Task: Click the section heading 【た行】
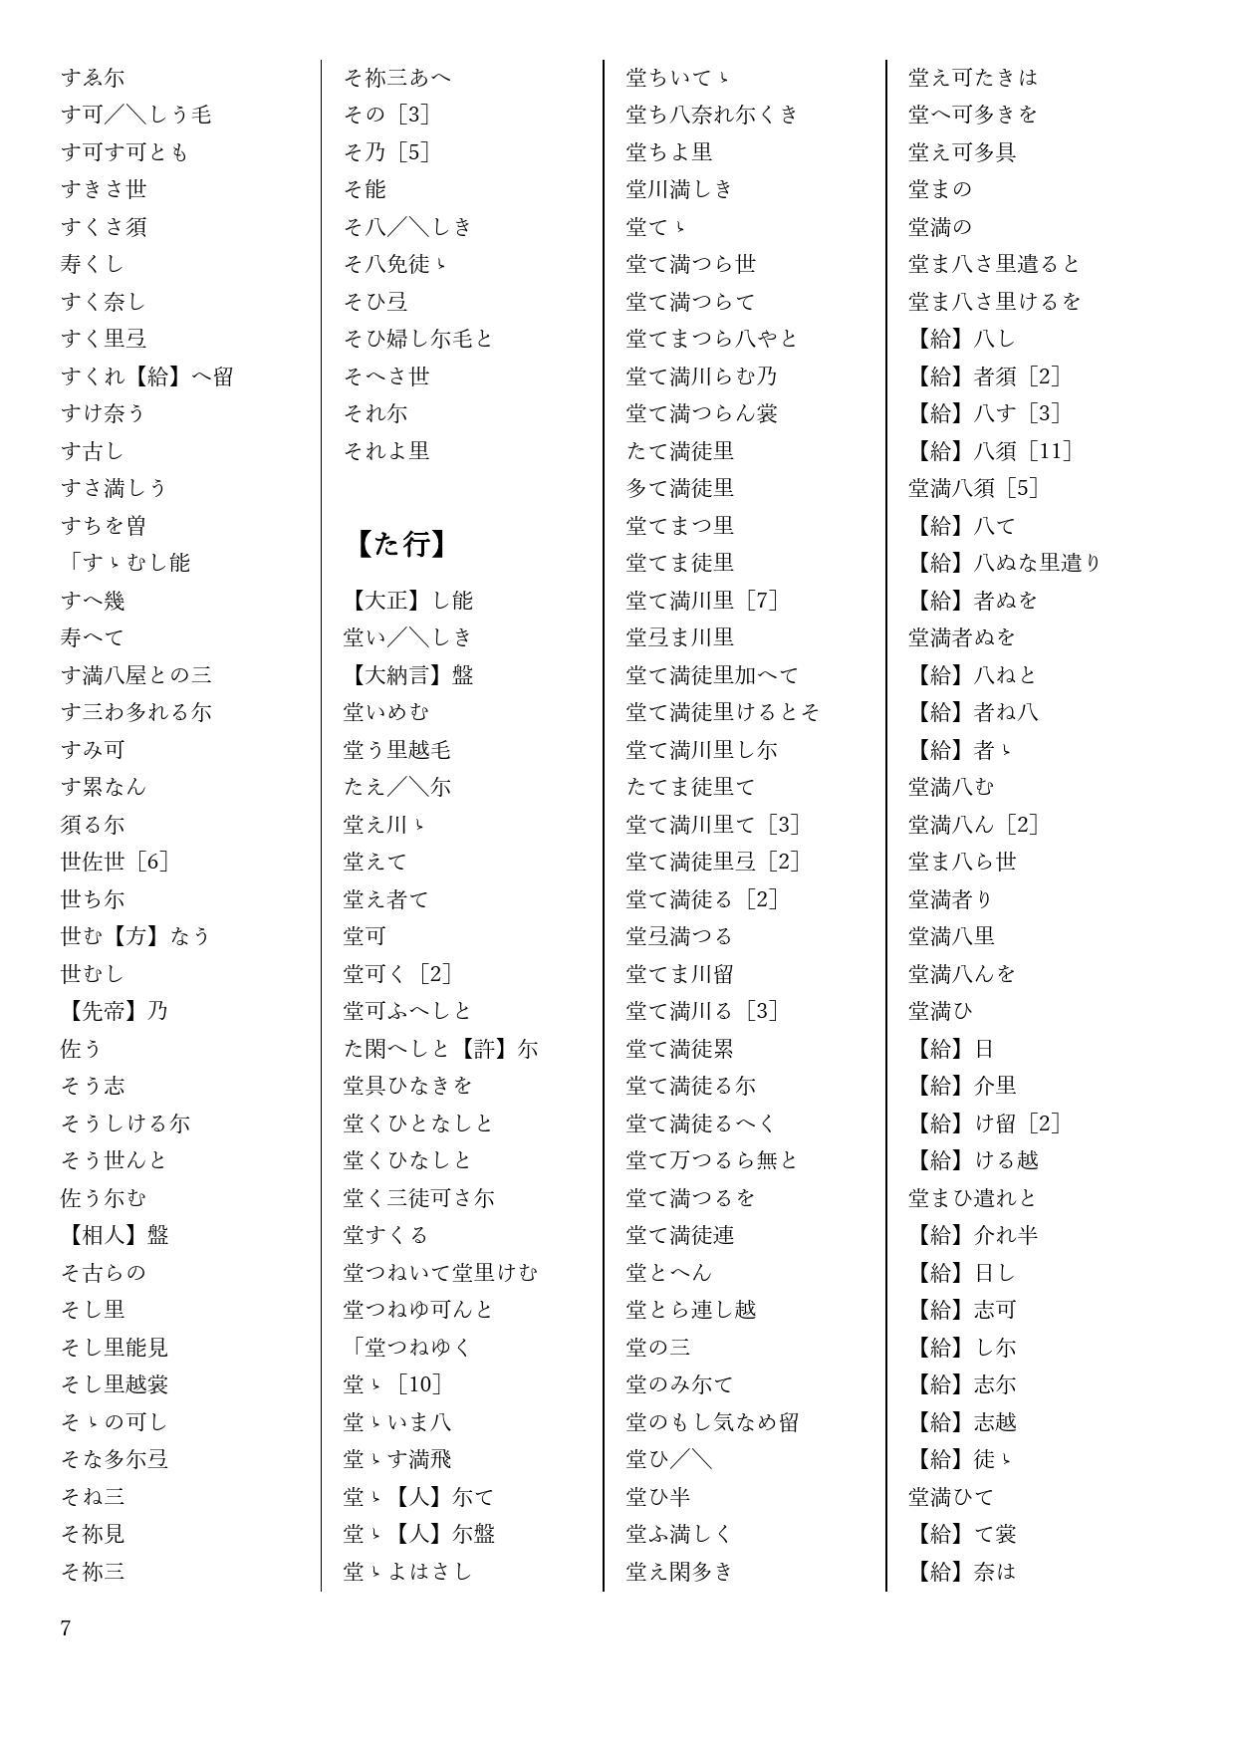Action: (401, 544)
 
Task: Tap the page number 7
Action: (66, 1628)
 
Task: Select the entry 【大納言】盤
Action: (408, 675)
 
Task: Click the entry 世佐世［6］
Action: (115, 862)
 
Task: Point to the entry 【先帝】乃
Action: (115, 1011)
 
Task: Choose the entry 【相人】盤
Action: (115, 1235)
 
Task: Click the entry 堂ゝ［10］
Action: (392, 1384)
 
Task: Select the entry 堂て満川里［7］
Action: (702, 601)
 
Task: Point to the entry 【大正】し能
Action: (408, 601)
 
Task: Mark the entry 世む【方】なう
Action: (136, 936)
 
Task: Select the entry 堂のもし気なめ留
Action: (713, 1422)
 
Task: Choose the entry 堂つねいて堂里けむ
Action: (441, 1273)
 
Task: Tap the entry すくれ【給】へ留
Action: (147, 376)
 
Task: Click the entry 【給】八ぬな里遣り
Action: (1006, 563)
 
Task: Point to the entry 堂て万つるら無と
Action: (713, 1160)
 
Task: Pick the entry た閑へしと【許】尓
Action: (441, 1049)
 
